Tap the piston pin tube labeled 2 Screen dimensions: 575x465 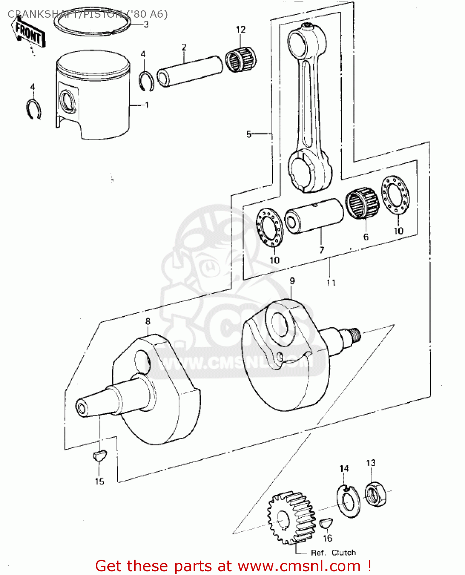190,71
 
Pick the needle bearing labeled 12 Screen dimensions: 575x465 241,59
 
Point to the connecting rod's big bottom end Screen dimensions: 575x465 309,171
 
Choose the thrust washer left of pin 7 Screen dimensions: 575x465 269,227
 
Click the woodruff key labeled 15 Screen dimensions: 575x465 99,455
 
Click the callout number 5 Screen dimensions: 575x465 249,134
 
